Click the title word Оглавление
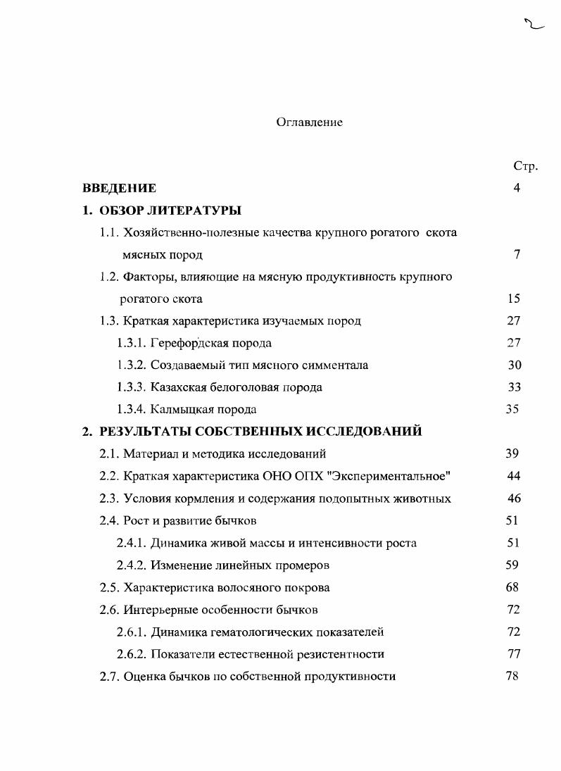(309, 123)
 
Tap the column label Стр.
(525, 167)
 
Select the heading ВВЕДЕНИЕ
(120, 189)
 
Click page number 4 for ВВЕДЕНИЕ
(517, 189)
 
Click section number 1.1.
(110, 232)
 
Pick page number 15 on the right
(513, 299)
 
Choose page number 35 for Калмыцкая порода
(512, 409)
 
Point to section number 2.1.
(110, 454)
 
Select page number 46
(514, 499)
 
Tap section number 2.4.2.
(132, 565)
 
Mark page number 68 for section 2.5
(512, 587)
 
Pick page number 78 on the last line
(512, 676)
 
